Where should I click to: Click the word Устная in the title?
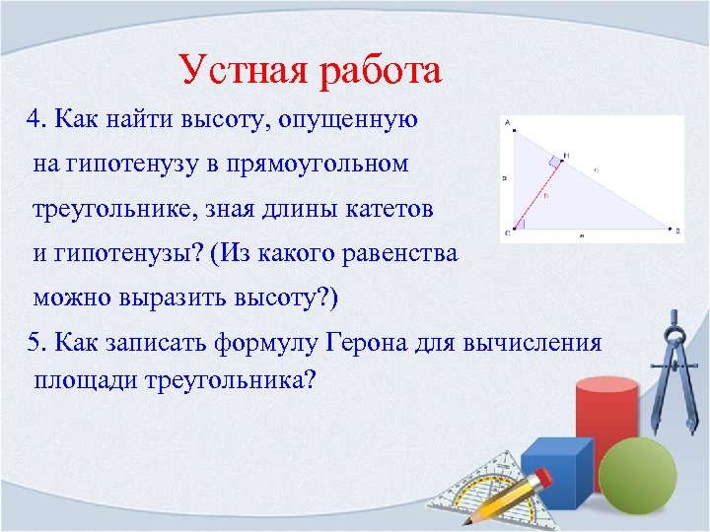(x=242, y=71)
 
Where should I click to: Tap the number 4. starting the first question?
(x=38, y=120)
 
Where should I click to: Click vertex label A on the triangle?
(x=506, y=124)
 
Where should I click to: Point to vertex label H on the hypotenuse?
(x=566, y=155)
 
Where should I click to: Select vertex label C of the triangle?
(x=506, y=233)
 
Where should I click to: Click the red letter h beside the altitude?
(x=545, y=194)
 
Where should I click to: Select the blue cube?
(x=554, y=469)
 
